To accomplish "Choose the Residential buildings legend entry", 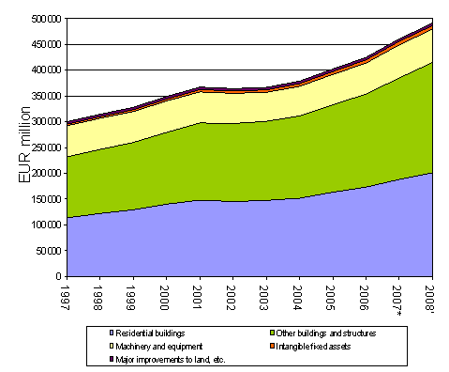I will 149,333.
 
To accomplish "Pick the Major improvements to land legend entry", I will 162,359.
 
